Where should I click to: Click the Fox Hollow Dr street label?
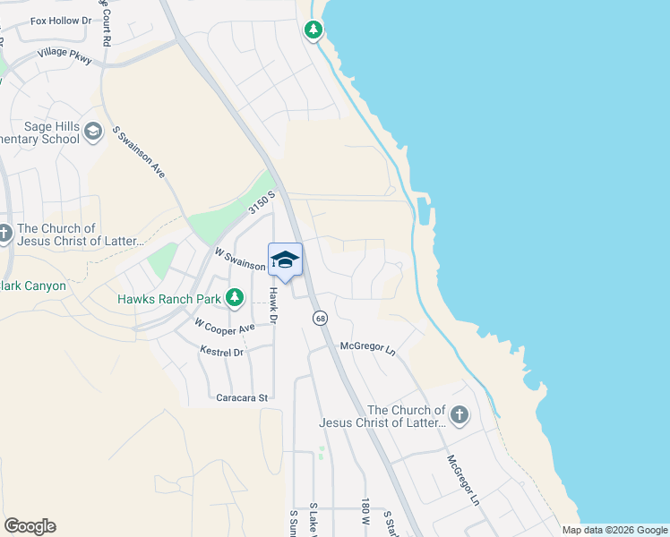point(61,20)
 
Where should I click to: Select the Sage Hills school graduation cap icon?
point(93,133)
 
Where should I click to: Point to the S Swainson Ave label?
point(138,151)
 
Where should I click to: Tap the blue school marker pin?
point(285,260)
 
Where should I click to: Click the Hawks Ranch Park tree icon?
point(235,297)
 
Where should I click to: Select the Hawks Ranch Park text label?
point(169,298)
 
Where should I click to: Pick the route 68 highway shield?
point(320,319)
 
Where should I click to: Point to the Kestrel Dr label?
point(222,352)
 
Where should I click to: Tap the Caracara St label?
point(242,396)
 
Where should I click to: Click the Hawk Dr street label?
point(274,305)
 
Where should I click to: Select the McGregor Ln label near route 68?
point(367,346)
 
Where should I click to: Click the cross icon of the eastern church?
point(460,414)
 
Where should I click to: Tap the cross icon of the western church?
point(4,234)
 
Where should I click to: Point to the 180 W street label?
point(365,512)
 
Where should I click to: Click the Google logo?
point(30,526)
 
